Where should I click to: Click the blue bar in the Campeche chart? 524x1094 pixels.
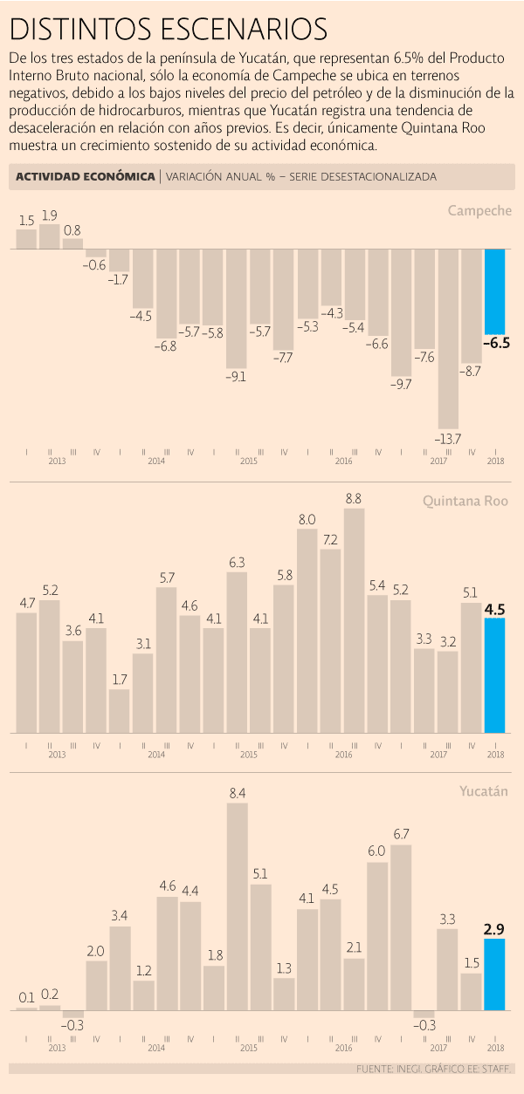(495, 292)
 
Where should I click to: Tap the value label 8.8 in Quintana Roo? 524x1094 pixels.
(354, 498)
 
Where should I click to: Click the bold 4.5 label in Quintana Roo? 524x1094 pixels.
(495, 609)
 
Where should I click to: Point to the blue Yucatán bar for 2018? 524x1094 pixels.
(495, 974)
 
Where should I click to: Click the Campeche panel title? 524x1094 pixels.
(479, 210)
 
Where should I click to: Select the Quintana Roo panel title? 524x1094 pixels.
(465, 502)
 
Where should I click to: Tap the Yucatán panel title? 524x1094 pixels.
(485, 792)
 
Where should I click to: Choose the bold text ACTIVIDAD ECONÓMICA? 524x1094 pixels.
(85, 176)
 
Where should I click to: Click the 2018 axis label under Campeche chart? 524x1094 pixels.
(495, 460)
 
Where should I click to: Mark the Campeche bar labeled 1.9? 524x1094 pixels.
(50, 236)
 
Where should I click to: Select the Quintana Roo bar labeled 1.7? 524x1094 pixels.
(120, 711)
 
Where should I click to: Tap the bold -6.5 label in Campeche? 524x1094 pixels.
(496, 343)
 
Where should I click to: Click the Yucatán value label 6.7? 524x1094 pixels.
(402, 834)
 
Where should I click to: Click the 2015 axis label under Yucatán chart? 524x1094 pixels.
(248, 1047)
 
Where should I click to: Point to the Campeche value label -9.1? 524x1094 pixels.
(237, 377)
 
